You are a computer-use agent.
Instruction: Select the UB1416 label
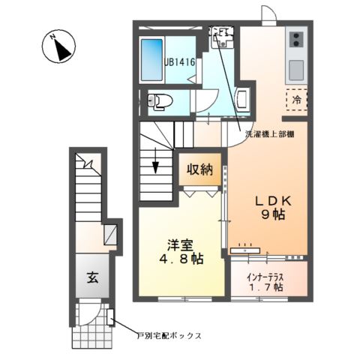pyautogui.click(x=180, y=64)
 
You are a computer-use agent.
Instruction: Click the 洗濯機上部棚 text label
pyautogui.click(x=268, y=135)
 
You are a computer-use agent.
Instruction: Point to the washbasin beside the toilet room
pyautogui.click(x=244, y=97)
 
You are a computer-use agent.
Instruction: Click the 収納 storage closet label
pyautogui.click(x=199, y=169)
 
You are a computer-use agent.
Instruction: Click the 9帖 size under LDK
pyautogui.click(x=268, y=215)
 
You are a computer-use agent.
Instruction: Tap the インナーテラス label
pyautogui.click(x=268, y=275)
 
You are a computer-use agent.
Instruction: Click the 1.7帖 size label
pyautogui.click(x=268, y=286)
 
